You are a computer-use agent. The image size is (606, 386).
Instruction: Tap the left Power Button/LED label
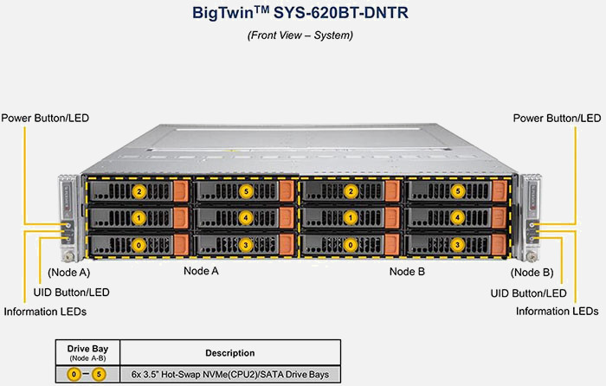[x=45, y=118]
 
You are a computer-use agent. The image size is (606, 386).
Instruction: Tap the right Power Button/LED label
[x=557, y=118]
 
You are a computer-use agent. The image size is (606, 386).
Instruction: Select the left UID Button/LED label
[x=71, y=293]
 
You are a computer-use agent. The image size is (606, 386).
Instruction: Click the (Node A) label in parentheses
[x=56, y=272]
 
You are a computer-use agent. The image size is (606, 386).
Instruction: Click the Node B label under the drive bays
[x=407, y=272]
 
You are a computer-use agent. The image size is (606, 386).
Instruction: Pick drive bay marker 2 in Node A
[x=139, y=191]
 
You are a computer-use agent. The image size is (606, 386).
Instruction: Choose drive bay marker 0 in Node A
[x=139, y=245]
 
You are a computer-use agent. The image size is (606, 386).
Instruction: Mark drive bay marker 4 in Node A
[x=247, y=218]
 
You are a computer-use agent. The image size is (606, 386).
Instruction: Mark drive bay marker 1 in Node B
[x=351, y=218]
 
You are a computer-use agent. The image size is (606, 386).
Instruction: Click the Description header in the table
[x=230, y=353]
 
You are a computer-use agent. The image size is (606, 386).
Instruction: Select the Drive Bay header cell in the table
[x=87, y=353]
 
